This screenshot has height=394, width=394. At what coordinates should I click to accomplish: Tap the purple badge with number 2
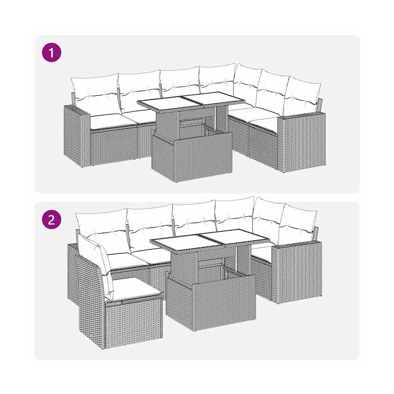click(x=51, y=220)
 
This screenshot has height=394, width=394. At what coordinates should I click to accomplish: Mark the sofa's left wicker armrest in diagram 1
click(x=77, y=136)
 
